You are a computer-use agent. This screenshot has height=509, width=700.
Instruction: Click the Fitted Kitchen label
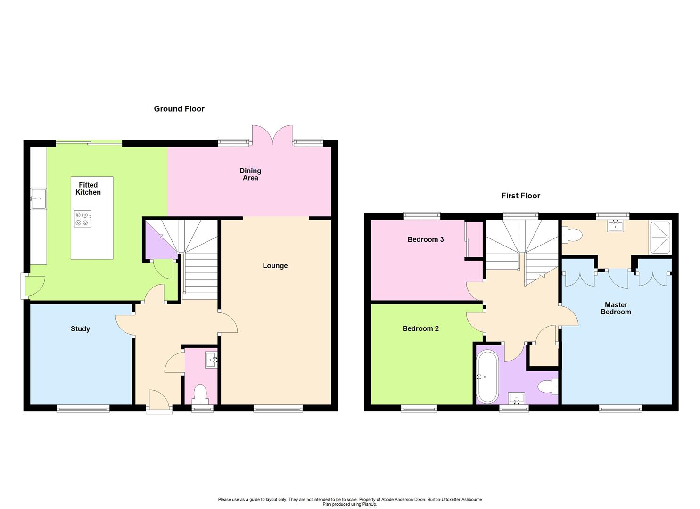point(88,189)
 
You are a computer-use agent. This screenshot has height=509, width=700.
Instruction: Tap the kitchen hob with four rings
point(82,218)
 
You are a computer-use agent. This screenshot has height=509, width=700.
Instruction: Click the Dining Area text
point(250,174)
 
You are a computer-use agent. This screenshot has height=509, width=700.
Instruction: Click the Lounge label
point(275,266)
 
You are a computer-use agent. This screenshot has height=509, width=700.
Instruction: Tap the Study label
point(80,329)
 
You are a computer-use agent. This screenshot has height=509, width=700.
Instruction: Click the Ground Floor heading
point(179,109)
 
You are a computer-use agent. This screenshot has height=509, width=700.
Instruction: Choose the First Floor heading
point(520,196)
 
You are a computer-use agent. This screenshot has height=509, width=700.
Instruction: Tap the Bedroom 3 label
point(426,239)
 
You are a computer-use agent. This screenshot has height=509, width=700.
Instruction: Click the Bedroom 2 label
point(420,328)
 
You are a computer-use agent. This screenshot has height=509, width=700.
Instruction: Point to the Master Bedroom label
point(616,308)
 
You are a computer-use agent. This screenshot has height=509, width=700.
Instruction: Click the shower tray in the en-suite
point(661,238)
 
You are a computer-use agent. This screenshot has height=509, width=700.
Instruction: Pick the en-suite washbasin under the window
point(615,226)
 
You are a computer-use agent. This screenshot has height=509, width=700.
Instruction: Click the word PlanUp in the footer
point(369,504)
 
